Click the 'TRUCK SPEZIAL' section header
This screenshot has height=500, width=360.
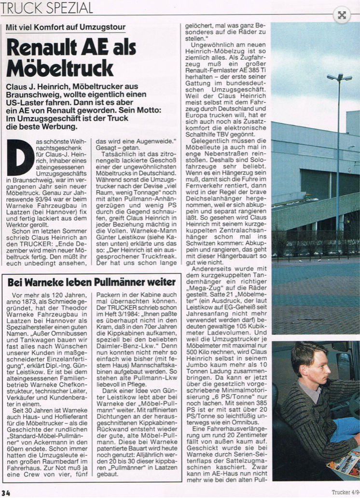47,7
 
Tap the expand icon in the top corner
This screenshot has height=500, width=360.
342,15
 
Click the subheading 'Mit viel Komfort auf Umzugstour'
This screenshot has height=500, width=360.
66,27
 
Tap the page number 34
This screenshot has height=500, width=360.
6,493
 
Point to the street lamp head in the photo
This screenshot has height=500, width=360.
339,77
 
